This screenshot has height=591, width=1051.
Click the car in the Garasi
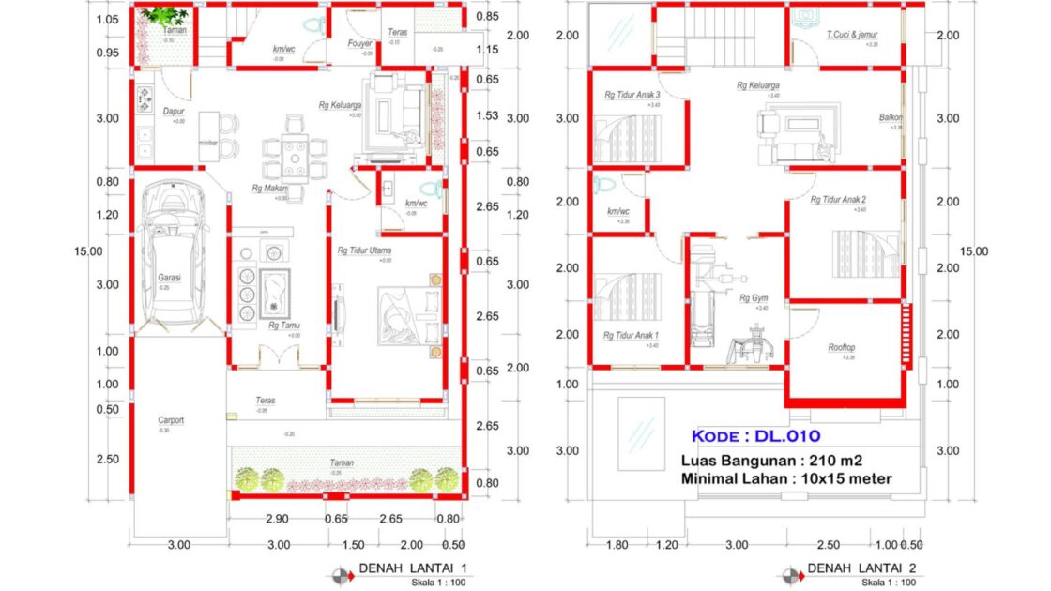coord(171,253)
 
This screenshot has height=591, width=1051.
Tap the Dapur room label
coord(173,111)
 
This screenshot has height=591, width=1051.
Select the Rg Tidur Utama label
coord(364,250)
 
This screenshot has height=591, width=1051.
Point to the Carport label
coord(170,420)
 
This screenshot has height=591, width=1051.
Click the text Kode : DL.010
coord(755,435)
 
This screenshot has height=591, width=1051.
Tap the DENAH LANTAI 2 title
coord(861,568)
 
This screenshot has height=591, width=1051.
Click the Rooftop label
coord(841,347)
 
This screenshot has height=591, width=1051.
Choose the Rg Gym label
coord(754,298)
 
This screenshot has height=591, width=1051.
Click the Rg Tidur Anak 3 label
coord(632,95)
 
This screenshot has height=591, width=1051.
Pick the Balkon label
coord(891,117)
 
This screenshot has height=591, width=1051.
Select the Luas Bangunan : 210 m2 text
coord(771,461)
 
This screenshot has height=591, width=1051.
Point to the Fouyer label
coord(359,43)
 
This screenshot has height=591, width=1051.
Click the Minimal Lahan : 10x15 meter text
coord(786,479)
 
